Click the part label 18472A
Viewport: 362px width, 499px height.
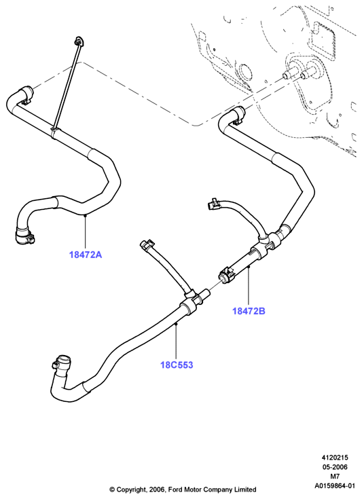click(x=86, y=255)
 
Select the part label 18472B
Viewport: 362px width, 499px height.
click(x=249, y=311)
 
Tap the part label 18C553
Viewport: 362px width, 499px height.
click(x=177, y=365)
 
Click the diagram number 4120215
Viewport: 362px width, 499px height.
click(x=334, y=458)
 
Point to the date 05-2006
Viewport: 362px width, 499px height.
click(x=334, y=467)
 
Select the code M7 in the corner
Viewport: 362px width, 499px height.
click(x=334, y=477)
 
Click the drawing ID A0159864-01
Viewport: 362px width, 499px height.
click(x=334, y=486)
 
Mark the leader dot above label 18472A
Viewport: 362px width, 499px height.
click(x=86, y=216)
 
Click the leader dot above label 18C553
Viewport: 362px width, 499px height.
click(x=176, y=325)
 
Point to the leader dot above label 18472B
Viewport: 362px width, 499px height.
click(x=249, y=267)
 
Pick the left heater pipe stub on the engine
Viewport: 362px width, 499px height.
click(x=288, y=75)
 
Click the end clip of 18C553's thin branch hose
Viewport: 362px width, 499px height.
click(x=147, y=245)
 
